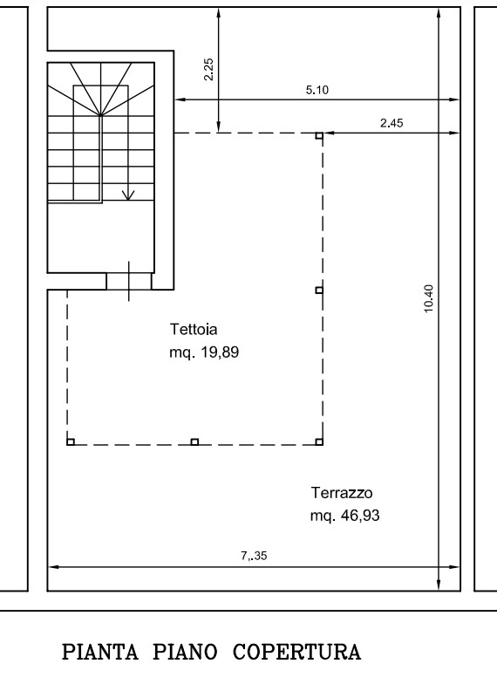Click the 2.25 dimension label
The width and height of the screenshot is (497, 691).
tap(209, 69)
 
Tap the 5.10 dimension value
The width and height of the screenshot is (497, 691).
tap(317, 90)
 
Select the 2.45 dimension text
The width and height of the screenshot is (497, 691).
tap(391, 123)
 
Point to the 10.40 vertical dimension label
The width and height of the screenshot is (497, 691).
tap(429, 298)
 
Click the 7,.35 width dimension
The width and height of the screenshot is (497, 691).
tap(254, 556)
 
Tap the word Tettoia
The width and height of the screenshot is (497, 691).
tap(194, 329)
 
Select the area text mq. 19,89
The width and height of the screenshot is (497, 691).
tap(204, 352)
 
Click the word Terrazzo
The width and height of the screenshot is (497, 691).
tap(342, 493)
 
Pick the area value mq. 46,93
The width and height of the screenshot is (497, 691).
tap(344, 516)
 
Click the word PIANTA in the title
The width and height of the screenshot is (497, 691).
tap(100, 653)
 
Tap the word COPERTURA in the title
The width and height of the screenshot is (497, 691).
tap(297, 653)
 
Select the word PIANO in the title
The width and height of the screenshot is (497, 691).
tap(185, 653)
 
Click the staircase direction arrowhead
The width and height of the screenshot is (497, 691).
tap(128, 195)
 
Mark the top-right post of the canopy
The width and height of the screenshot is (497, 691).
tap(319, 136)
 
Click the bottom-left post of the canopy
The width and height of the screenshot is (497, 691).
tap(71, 441)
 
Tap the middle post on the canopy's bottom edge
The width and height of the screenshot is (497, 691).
tap(194, 441)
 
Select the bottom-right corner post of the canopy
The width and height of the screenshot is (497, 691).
tap(319, 441)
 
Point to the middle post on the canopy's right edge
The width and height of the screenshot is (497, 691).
tap(319, 290)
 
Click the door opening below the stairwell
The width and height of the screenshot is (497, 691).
tap(129, 281)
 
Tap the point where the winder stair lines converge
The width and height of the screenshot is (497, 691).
tap(101, 115)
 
